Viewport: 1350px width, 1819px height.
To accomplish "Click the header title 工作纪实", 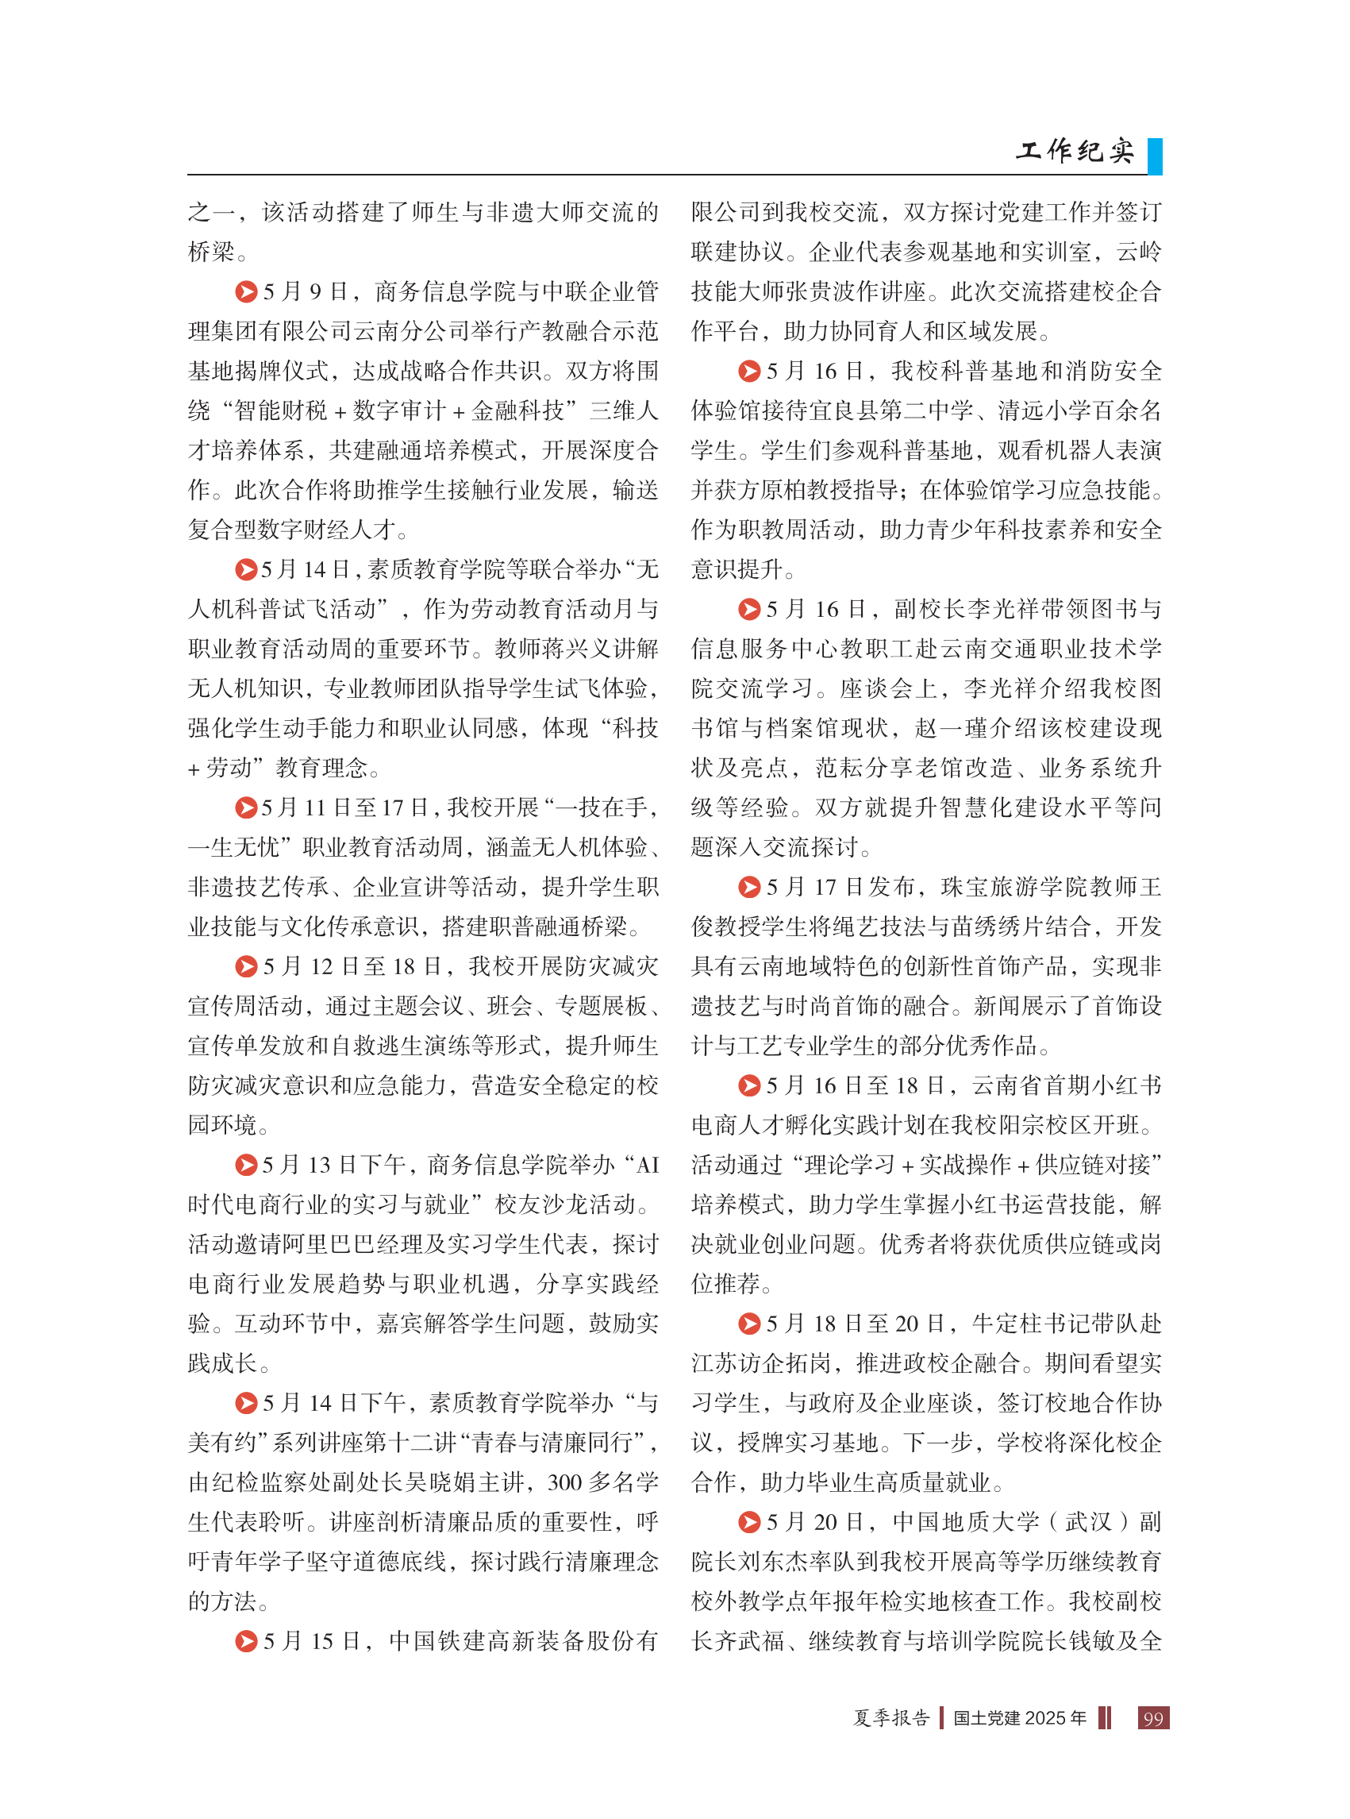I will tap(1075, 150).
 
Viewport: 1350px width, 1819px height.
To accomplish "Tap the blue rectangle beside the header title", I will tap(1155, 156).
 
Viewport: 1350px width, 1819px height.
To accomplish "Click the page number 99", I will tap(1153, 1718).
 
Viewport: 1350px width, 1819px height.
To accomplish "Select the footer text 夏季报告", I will tap(891, 1718).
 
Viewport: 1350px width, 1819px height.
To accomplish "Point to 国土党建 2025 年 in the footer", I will tap(1020, 1718).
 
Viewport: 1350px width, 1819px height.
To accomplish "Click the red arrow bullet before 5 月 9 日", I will tap(246, 292).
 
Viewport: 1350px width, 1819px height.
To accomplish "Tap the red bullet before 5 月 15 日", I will tap(246, 1641).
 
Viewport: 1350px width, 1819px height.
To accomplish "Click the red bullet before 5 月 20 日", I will tap(749, 1522).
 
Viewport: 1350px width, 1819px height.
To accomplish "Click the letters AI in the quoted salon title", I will tap(646, 1165).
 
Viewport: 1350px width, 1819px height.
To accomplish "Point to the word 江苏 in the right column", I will tap(714, 1362).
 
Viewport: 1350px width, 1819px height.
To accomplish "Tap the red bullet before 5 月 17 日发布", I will tap(749, 887).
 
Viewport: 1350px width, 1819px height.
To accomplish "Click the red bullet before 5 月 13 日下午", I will tap(246, 1165).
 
